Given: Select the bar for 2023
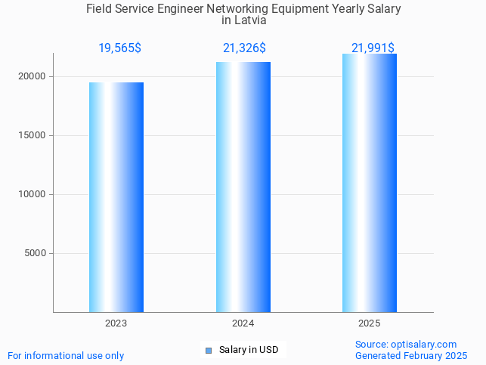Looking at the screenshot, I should (116, 197).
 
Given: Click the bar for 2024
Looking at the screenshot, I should (243, 187).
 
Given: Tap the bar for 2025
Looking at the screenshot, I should (370, 183).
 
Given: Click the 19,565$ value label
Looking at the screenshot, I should (119, 48).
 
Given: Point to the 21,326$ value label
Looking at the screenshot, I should (244, 48).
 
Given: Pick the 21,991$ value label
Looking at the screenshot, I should (373, 48).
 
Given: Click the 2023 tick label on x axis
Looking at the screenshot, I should (116, 323).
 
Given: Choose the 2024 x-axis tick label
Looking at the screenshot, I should (243, 323).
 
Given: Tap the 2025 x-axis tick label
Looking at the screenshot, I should (370, 323).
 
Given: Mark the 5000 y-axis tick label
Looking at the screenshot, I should (36, 253).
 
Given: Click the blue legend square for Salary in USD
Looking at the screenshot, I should (209, 350).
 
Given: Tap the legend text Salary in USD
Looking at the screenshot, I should (249, 350).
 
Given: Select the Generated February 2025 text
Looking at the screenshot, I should (411, 355).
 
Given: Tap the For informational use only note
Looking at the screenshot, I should (66, 355).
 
